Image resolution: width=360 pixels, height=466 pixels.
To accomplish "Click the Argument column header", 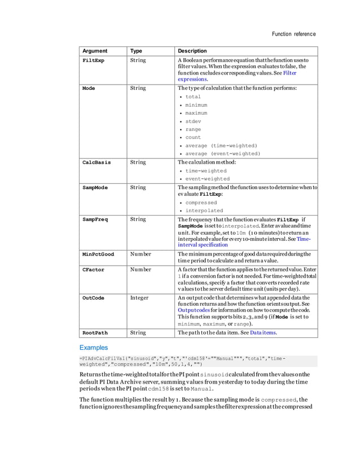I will pos(94,51).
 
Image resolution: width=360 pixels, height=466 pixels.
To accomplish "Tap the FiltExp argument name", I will pos(93,60).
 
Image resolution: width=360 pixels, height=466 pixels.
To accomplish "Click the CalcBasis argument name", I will pos(96,162).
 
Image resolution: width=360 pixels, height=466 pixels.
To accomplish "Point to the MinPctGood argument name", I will pos(98,254).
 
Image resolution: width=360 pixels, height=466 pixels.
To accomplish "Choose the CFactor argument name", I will pos(93,270).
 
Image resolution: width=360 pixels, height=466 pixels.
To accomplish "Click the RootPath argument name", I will pos(95,333).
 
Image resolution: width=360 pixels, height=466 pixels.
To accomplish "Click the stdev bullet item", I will pos(193,121).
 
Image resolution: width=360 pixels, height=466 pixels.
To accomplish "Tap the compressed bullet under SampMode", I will pos(201,203).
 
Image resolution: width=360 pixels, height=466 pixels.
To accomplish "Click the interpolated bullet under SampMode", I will pos(204,211).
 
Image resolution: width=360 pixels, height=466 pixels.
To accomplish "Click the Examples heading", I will pos(94,348).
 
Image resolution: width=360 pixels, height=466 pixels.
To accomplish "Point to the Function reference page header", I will pos(293,34).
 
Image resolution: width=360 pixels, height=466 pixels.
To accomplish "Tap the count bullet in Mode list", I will pos(193,138).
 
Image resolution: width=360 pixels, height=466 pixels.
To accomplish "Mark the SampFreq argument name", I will pos(95,219).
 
